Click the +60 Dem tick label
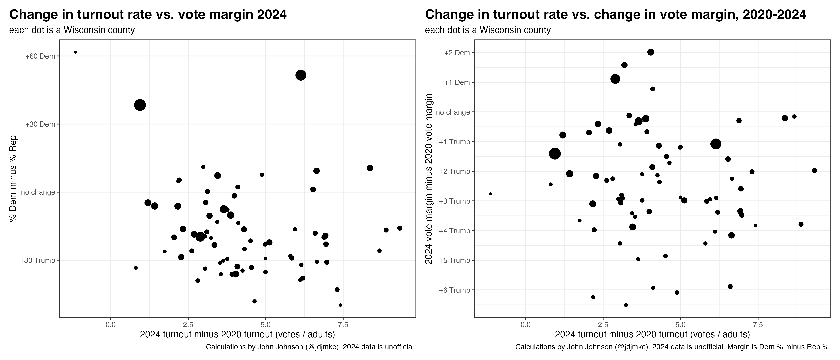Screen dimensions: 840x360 pos(40,56)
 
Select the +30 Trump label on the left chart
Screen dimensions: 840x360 pos(38,261)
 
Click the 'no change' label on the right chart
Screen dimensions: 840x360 pos(453,112)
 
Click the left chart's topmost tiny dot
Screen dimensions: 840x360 pos(76,52)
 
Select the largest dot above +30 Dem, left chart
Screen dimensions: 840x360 pos(301,75)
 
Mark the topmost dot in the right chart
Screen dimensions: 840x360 pos(651,52)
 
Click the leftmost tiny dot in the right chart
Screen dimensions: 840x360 pos(490,194)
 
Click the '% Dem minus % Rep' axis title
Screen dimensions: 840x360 pos(13,178)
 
